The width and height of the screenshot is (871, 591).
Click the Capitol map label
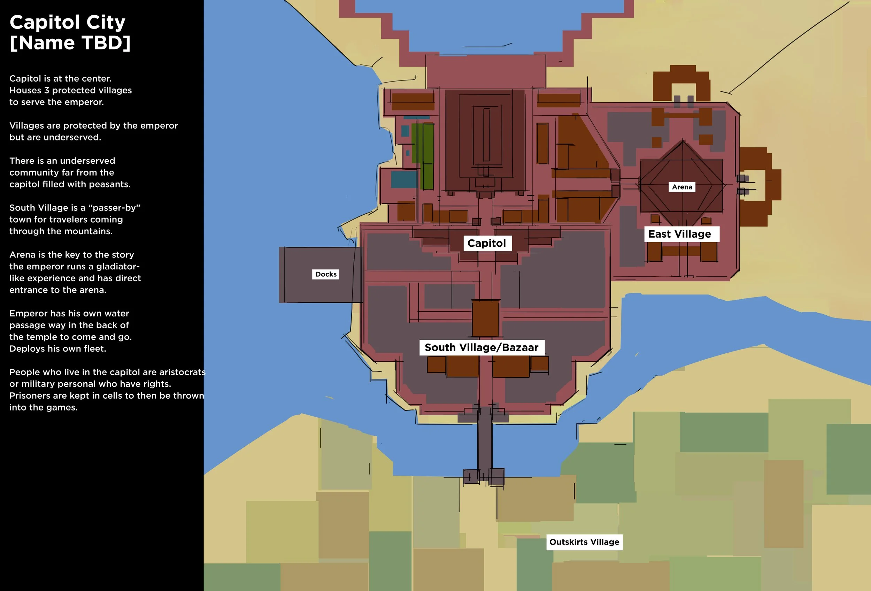[x=486, y=243]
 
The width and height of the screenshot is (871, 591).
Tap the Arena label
[x=682, y=187]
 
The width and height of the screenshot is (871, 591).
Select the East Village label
[x=679, y=234]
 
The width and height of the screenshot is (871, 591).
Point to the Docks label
[x=326, y=274]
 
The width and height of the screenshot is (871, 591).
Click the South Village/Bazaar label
[x=481, y=347]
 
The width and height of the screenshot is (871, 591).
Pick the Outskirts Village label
[x=584, y=542]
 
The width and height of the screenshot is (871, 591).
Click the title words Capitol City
[x=68, y=23]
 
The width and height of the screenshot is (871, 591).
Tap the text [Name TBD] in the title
[x=70, y=43]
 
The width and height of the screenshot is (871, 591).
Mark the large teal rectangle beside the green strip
[x=404, y=179]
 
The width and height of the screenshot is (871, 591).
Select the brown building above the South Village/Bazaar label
[x=485, y=318]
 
